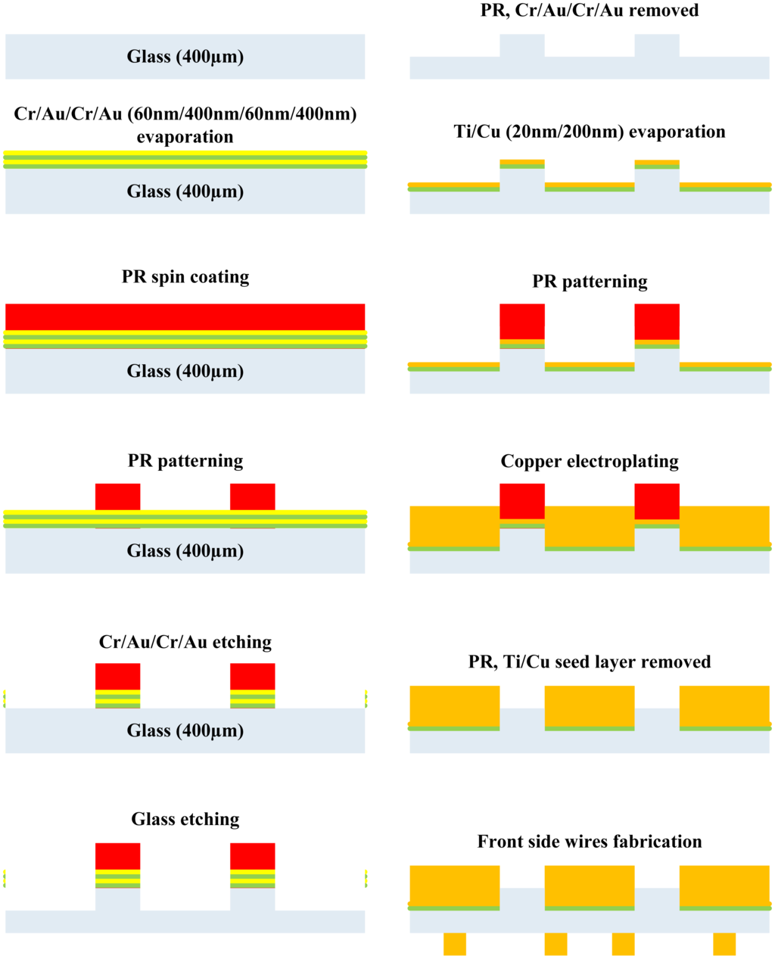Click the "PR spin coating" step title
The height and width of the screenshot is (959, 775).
(x=185, y=277)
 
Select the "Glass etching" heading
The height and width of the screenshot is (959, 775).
(x=185, y=819)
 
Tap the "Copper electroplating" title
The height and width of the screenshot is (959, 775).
(x=590, y=462)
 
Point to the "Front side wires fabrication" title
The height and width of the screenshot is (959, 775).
(x=590, y=842)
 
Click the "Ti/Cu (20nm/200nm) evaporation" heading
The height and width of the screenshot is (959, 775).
(x=590, y=132)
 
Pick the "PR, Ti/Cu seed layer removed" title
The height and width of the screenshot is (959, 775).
(x=590, y=662)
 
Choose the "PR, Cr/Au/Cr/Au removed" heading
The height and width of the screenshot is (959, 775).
(x=590, y=11)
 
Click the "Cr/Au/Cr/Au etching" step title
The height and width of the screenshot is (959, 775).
(x=185, y=643)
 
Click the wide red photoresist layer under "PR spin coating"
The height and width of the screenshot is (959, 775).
(x=185, y=317)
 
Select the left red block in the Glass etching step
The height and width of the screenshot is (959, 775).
(x=117, y=856)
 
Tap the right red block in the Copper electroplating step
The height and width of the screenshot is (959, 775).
(x=657, y=501)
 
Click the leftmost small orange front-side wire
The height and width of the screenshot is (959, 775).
(x=455, y=944)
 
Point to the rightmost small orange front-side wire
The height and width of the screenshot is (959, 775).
(x=724, y=944)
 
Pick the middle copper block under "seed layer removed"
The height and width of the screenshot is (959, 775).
(x=590, y=705)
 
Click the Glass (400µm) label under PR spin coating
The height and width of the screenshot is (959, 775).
(x=185, y=372)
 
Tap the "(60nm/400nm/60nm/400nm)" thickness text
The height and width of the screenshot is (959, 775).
(x=241, y=115)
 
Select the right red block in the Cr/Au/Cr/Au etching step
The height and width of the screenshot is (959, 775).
(x=253, y=677)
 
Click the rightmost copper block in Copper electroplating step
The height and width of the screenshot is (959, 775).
(x=724, y=526)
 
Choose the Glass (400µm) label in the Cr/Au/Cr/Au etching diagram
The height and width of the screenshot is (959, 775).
(x=185, y=731)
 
